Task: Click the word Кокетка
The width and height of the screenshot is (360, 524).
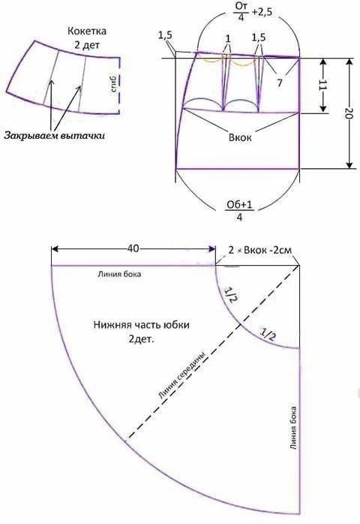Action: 87,32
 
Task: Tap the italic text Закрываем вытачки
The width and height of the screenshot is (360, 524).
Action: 54,136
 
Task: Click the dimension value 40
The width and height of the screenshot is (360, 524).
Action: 133,248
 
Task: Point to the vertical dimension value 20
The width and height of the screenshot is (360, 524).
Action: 348,114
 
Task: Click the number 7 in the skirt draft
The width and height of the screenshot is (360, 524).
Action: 280,83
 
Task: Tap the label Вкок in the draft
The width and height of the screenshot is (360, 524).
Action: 240,137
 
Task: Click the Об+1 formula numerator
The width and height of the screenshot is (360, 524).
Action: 239,204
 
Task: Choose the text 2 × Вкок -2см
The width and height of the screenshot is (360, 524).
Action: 259,250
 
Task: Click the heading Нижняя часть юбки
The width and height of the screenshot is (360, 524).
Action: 141,325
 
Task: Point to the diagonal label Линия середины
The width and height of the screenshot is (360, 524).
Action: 181,376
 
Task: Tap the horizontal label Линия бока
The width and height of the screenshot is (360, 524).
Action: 119,274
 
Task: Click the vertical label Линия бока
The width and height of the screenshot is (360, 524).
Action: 293,428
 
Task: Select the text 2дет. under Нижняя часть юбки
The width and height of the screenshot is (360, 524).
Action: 141,339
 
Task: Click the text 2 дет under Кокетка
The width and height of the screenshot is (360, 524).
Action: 87,45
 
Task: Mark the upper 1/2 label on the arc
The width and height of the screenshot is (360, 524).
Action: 229,295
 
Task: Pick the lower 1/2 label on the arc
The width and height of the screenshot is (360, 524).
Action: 268,335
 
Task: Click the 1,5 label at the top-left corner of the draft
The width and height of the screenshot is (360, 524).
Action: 165,35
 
